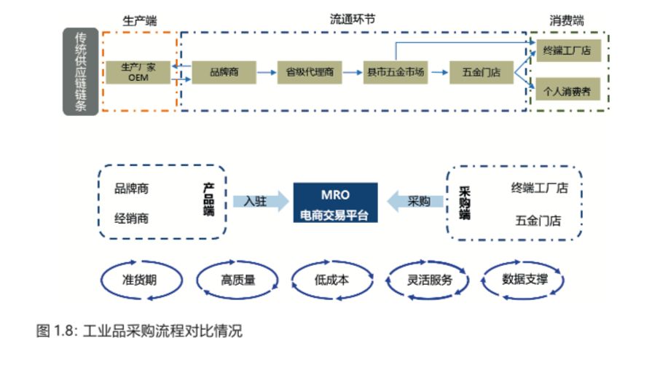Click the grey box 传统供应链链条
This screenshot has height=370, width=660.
click(x=80, y=71)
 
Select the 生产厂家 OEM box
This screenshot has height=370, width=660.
click(x=138, y=72)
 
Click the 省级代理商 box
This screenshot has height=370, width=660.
click(x=310, y=72)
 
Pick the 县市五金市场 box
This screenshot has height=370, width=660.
click(x=396, y=72)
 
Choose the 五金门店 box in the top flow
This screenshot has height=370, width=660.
click(x=482, y=72)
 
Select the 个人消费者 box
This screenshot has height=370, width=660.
click(x=567, y=91)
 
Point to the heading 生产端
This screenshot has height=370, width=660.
click(x=138, y=20)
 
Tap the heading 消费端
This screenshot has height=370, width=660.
click(x=567, y=20)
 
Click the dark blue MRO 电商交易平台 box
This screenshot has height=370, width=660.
click(x=335, y=203)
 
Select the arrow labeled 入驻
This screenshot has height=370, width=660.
click(x=260, y=202)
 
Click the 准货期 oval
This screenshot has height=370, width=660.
click(x=140, y=280)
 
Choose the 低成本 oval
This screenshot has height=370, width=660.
click(x=331, y=280)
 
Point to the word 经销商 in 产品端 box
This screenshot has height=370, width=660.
click(x=131, y=218)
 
